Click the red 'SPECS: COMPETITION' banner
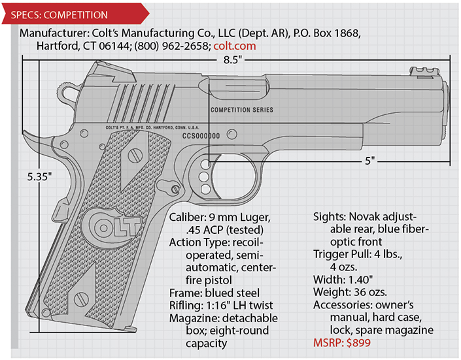pos(75,14)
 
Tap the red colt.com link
pos(235,46)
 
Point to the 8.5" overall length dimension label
pos(232,59)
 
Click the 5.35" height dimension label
pos(39,176)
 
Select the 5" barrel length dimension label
pos(370,161)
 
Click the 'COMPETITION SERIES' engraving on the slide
pos(242,110)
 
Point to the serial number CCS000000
pos(201,136)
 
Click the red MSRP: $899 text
pos(342,342)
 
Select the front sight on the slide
pos(425,71)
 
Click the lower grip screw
pos(81,299)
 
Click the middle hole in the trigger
pos(203,176)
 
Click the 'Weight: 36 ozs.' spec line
pos(350,292)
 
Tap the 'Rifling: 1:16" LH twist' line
pos(221,305)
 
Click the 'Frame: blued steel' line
pos(214,293)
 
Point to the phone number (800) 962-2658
pos(172,46)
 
